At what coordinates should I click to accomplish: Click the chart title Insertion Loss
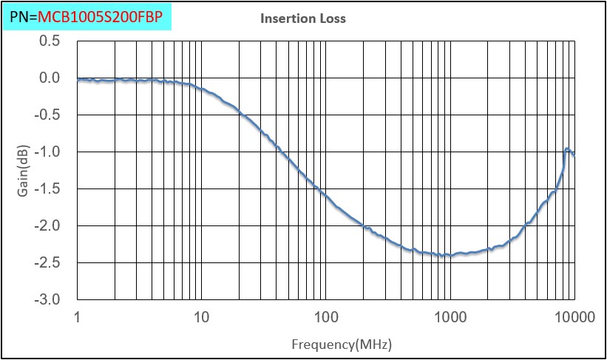[302, 18]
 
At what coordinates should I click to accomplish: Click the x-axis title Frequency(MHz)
[342, 344]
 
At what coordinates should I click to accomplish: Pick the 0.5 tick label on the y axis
[50, 41]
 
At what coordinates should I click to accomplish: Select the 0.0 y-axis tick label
[50, 78]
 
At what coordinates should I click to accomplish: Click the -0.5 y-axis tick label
[47, 115]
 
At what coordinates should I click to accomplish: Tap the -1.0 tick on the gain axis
[47, 152]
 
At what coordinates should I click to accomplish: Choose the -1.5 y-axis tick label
[47, 189]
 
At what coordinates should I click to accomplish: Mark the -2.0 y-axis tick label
[47, 225]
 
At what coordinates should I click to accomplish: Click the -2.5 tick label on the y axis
[47, 262]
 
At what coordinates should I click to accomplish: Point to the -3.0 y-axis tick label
[47, 299]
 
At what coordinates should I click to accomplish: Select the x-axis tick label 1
[78, 318]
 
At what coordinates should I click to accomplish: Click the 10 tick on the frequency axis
[201, 318]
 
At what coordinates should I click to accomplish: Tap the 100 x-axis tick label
[325, 318]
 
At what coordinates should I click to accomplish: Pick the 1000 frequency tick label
[450, 318]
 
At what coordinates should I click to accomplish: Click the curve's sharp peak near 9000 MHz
[567, 149]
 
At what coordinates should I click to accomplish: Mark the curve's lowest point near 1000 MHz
[449, 256]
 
